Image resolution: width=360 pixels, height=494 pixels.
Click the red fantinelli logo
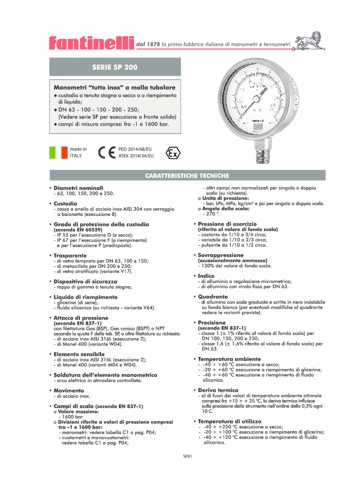(90, 42)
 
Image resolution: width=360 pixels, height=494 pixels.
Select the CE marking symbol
(106, 152)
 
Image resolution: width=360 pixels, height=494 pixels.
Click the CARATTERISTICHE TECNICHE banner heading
(187, 176)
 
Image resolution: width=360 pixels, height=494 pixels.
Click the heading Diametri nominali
(78, 188)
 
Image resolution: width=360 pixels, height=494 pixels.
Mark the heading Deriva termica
(218, 390)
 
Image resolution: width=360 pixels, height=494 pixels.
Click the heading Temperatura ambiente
(229, 359)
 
